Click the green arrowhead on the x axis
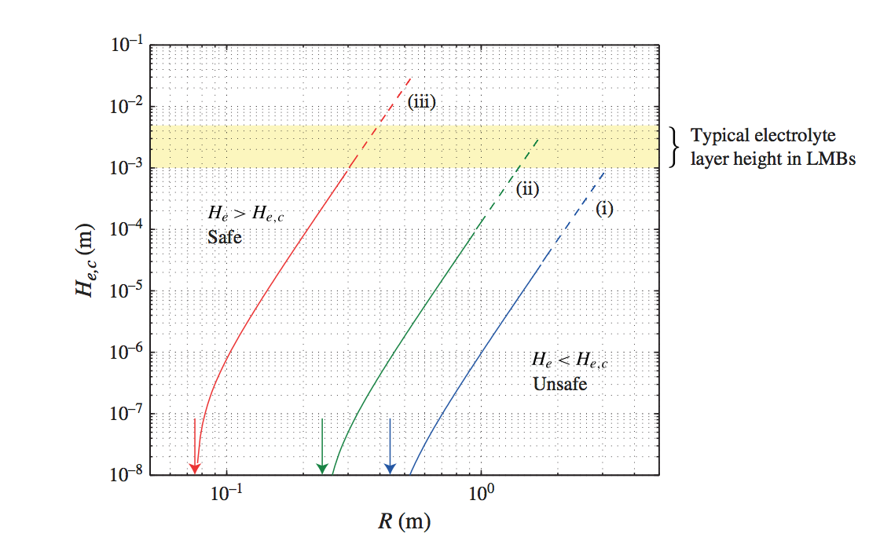coord(321,468)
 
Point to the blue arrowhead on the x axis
coord(390,468)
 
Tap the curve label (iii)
coord(421,101)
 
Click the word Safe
coord(225,236)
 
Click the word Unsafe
coord(559,385)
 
